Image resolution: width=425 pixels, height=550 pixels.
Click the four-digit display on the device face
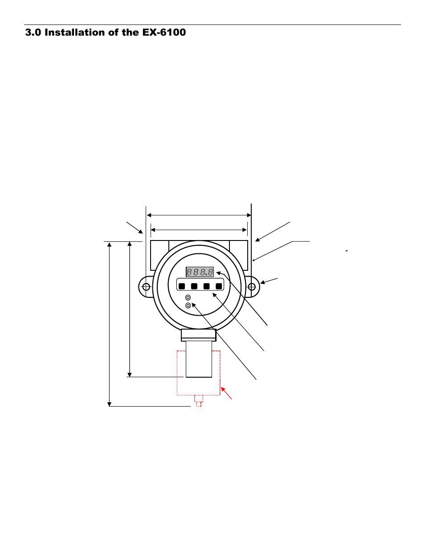coord(200,272)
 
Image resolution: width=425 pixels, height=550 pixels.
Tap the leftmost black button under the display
coord(181,286)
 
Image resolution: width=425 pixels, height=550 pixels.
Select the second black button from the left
coord(194,286)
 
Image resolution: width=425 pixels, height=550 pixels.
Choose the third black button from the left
coord(206,286)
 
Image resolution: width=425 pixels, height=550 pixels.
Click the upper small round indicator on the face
coord(188,297)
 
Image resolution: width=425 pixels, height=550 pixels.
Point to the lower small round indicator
coord(188,305)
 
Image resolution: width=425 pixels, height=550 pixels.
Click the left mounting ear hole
coord(145,287)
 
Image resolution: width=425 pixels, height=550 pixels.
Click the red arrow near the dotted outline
coord(227,393)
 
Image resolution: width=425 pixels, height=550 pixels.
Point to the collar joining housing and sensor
coord(199,335)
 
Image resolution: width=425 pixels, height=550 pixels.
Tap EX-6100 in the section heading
coord(164,33)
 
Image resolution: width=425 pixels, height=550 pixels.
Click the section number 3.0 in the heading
coord(33,33)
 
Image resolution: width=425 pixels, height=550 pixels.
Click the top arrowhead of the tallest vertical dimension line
coord(109,244)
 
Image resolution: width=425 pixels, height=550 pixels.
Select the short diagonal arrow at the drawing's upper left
coord(135,227)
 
